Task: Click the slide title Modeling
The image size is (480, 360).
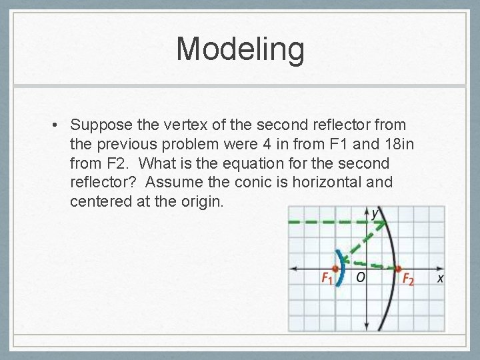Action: (240, 50)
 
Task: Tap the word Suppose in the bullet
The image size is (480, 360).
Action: (99, 125)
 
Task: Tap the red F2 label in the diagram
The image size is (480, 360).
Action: (407, 279)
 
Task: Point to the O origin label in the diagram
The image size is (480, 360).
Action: (359, 277)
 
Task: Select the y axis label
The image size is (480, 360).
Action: (376, 213)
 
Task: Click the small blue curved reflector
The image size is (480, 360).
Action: (341, 267)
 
